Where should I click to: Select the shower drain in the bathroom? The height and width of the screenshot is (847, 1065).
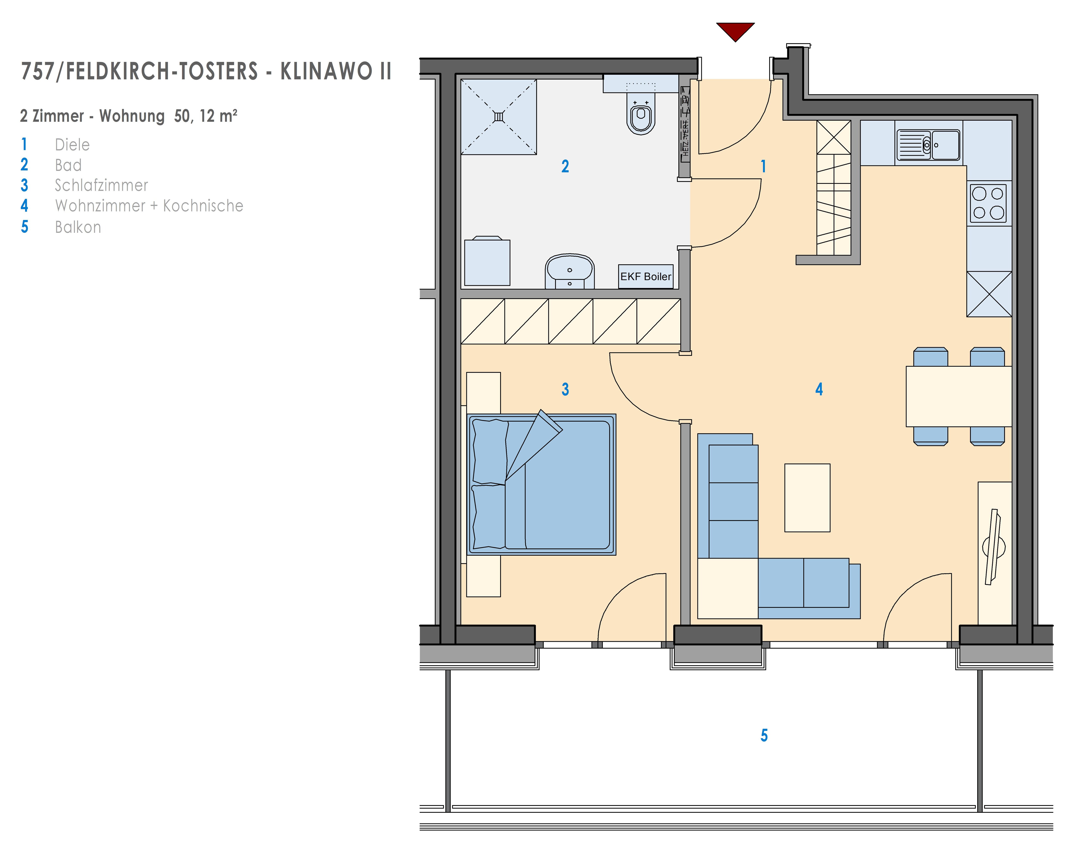click(499, 117)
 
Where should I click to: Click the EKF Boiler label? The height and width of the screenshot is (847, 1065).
click(646, 276)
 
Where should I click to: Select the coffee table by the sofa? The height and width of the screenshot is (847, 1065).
click(807, 498)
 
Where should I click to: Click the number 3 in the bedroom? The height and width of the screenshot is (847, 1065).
click(565, 389)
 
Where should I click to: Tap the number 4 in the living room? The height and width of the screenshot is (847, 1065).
click(819, 389)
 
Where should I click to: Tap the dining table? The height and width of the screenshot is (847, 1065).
click(958, 396)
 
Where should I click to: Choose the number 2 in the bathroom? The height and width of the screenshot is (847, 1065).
click(565, 166)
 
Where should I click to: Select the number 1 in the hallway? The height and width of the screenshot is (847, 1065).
click(764, 166)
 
